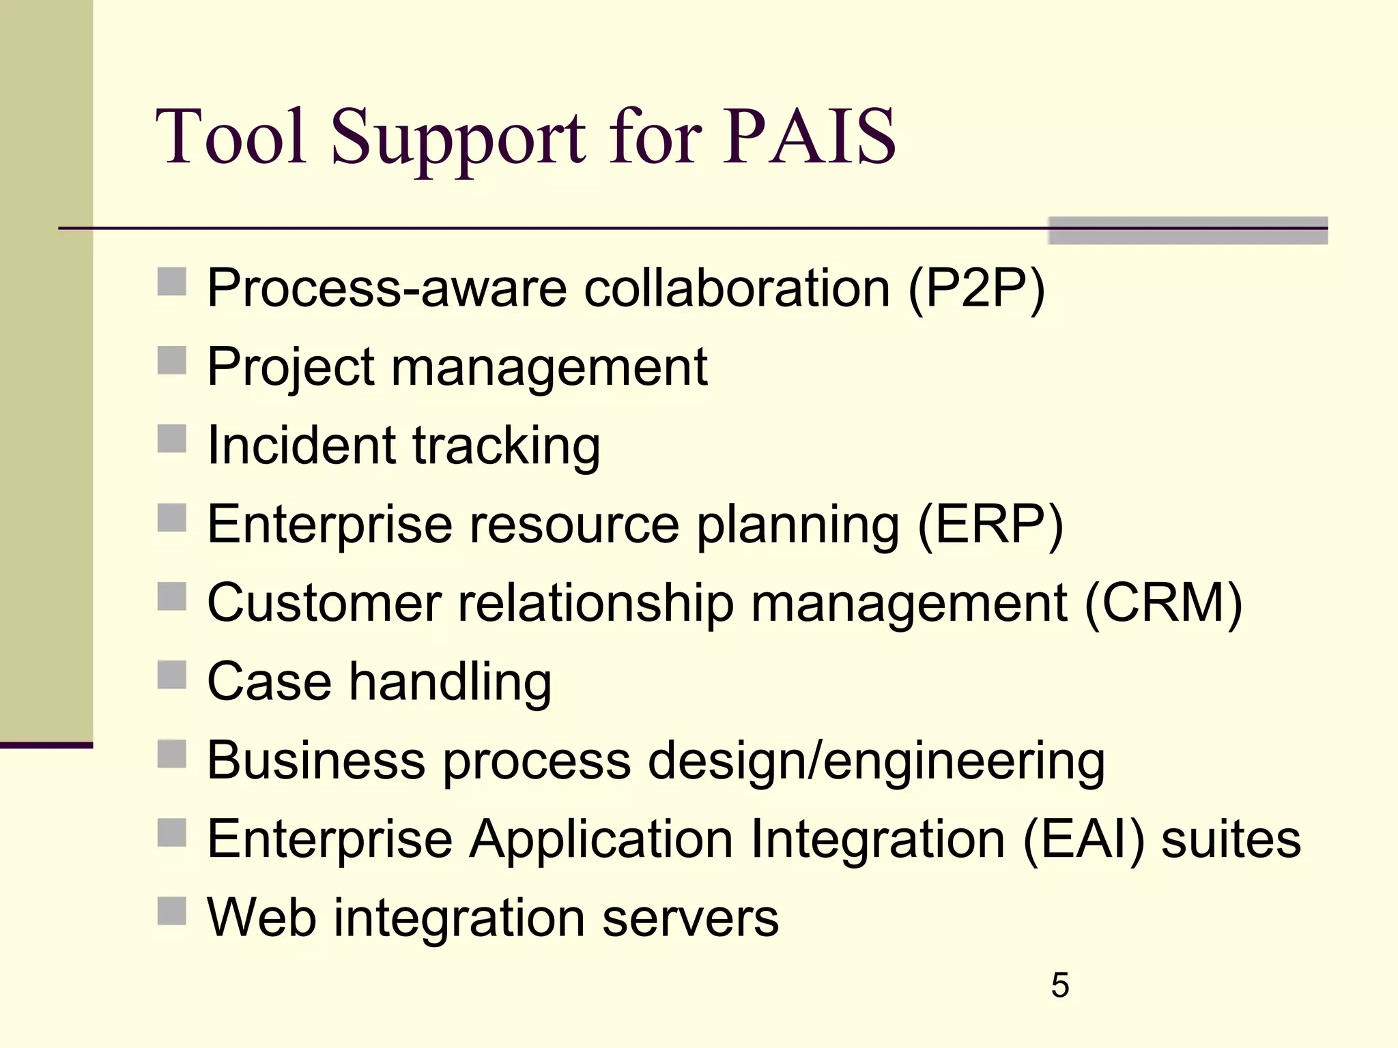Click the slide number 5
[1059, 985]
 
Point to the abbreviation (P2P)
[976, 289]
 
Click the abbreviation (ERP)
[990, 525]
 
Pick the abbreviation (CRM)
[1162, 604]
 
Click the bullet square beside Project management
[172, 360]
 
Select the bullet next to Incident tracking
[172, 439]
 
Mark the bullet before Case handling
[172, 675]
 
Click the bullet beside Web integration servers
[172, 911]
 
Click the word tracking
[506, 447]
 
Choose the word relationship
[595, 604]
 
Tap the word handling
[450, 682]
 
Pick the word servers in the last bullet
[690, 918]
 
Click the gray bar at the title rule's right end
[1188, 231]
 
